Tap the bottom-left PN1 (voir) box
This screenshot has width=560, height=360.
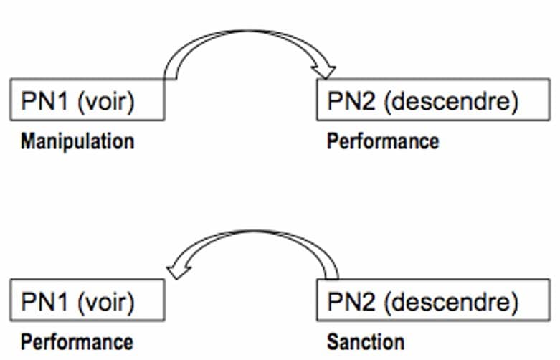[88, 302]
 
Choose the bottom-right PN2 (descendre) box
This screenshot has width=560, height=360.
[422, 302]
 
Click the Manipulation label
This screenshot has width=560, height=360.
[77, 141]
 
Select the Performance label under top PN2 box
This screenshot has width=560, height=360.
[383, 141]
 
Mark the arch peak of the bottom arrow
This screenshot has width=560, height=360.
[255, 233]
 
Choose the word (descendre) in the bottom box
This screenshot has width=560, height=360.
[451, 302]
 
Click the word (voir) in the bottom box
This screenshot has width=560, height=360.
[109, 302]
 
